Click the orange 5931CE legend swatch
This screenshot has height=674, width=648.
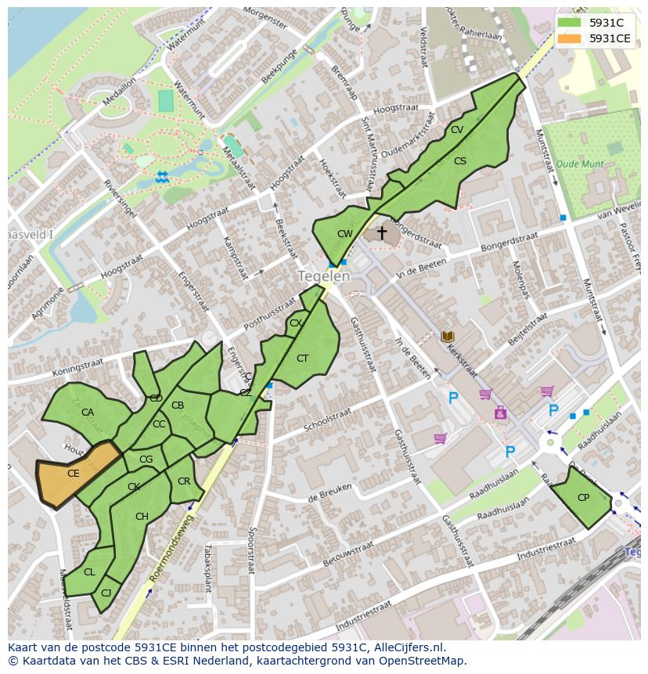[x=569, y=38]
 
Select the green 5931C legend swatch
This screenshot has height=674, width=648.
[x=569, y=23]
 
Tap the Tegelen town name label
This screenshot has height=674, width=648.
[x=324, y=276]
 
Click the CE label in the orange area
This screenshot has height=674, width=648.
[x=73, y=474]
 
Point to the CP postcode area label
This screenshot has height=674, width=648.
[x=583, y=498]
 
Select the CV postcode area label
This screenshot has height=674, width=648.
[x=457, y=130]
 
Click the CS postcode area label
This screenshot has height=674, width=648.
[x=460, y=161]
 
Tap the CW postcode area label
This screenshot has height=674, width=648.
[x=344, y=234]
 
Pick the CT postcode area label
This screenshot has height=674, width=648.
[x=303, y=359]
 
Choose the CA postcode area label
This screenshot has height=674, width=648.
[x=88, y=413]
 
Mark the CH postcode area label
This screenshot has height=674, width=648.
[x=142, y=517]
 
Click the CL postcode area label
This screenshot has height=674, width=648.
[x=89, y=572]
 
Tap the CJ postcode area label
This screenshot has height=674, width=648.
[x=106, y=593]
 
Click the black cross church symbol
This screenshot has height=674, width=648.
[x=382, y=233]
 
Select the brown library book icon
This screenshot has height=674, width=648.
[x=448, y=337]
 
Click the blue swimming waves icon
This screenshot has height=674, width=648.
[x=162, y=177]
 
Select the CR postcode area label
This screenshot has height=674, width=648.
[x=184, y=481]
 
